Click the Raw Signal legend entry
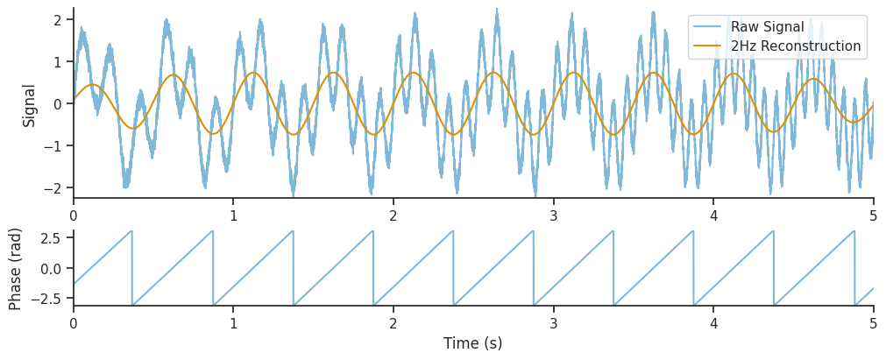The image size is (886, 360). [767, 27]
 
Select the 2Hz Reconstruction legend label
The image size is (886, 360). [796, 46]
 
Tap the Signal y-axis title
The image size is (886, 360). [29, 105]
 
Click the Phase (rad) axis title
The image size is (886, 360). [16, 269]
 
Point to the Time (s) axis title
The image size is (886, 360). [473, 343]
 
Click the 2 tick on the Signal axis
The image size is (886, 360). [56, 19]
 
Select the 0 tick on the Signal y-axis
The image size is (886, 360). [56, 103]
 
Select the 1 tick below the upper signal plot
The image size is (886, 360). [233, 215]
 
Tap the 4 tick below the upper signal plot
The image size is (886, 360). [713, 215]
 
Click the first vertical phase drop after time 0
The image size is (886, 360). [132, 268]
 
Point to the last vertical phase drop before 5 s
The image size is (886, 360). [854, 268]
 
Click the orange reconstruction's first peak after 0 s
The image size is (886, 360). [92, 85]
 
